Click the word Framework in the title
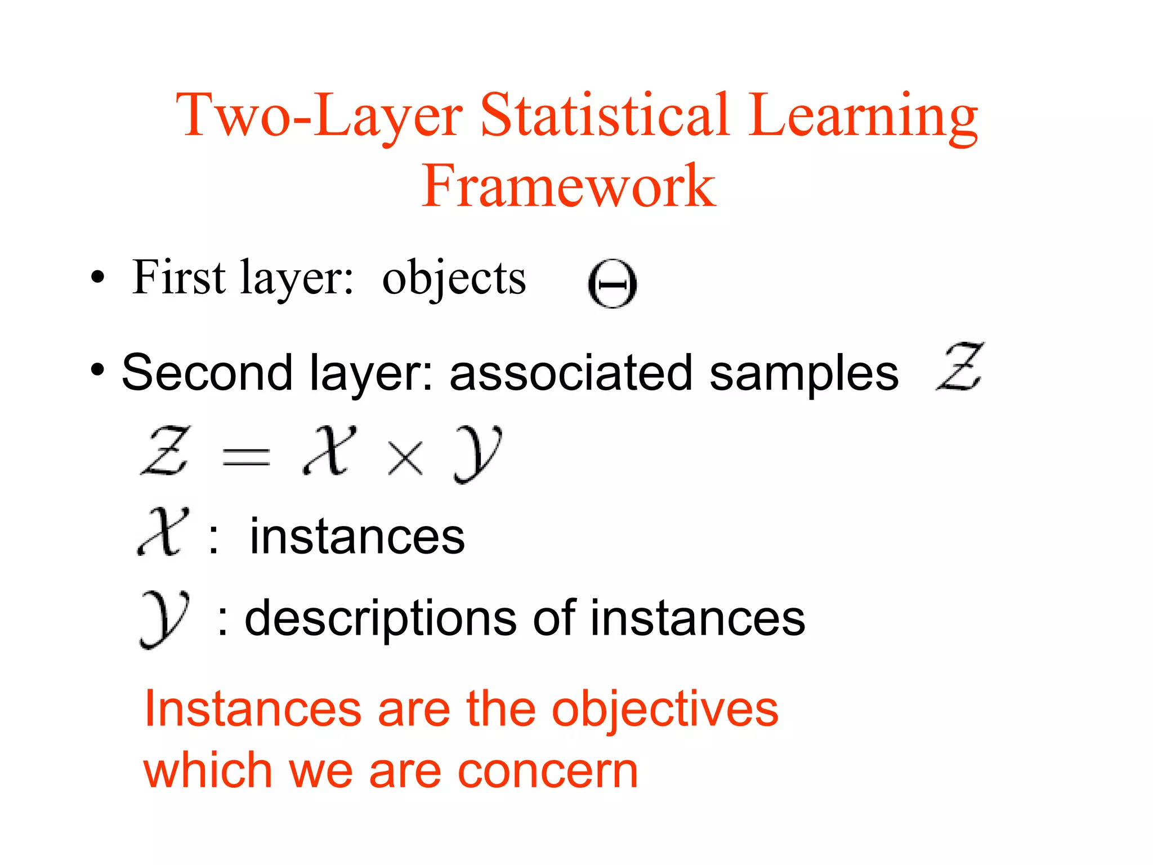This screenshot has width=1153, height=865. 569,186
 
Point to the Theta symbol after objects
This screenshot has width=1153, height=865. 613,284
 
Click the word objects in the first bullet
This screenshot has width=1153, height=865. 454,278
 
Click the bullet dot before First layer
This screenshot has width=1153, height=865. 98,277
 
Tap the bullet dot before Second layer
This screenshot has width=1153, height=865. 98,370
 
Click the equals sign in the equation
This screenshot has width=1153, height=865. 246,456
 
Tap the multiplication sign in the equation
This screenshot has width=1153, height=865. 405,457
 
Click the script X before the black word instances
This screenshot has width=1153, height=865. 162,532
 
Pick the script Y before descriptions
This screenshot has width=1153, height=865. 164,619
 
